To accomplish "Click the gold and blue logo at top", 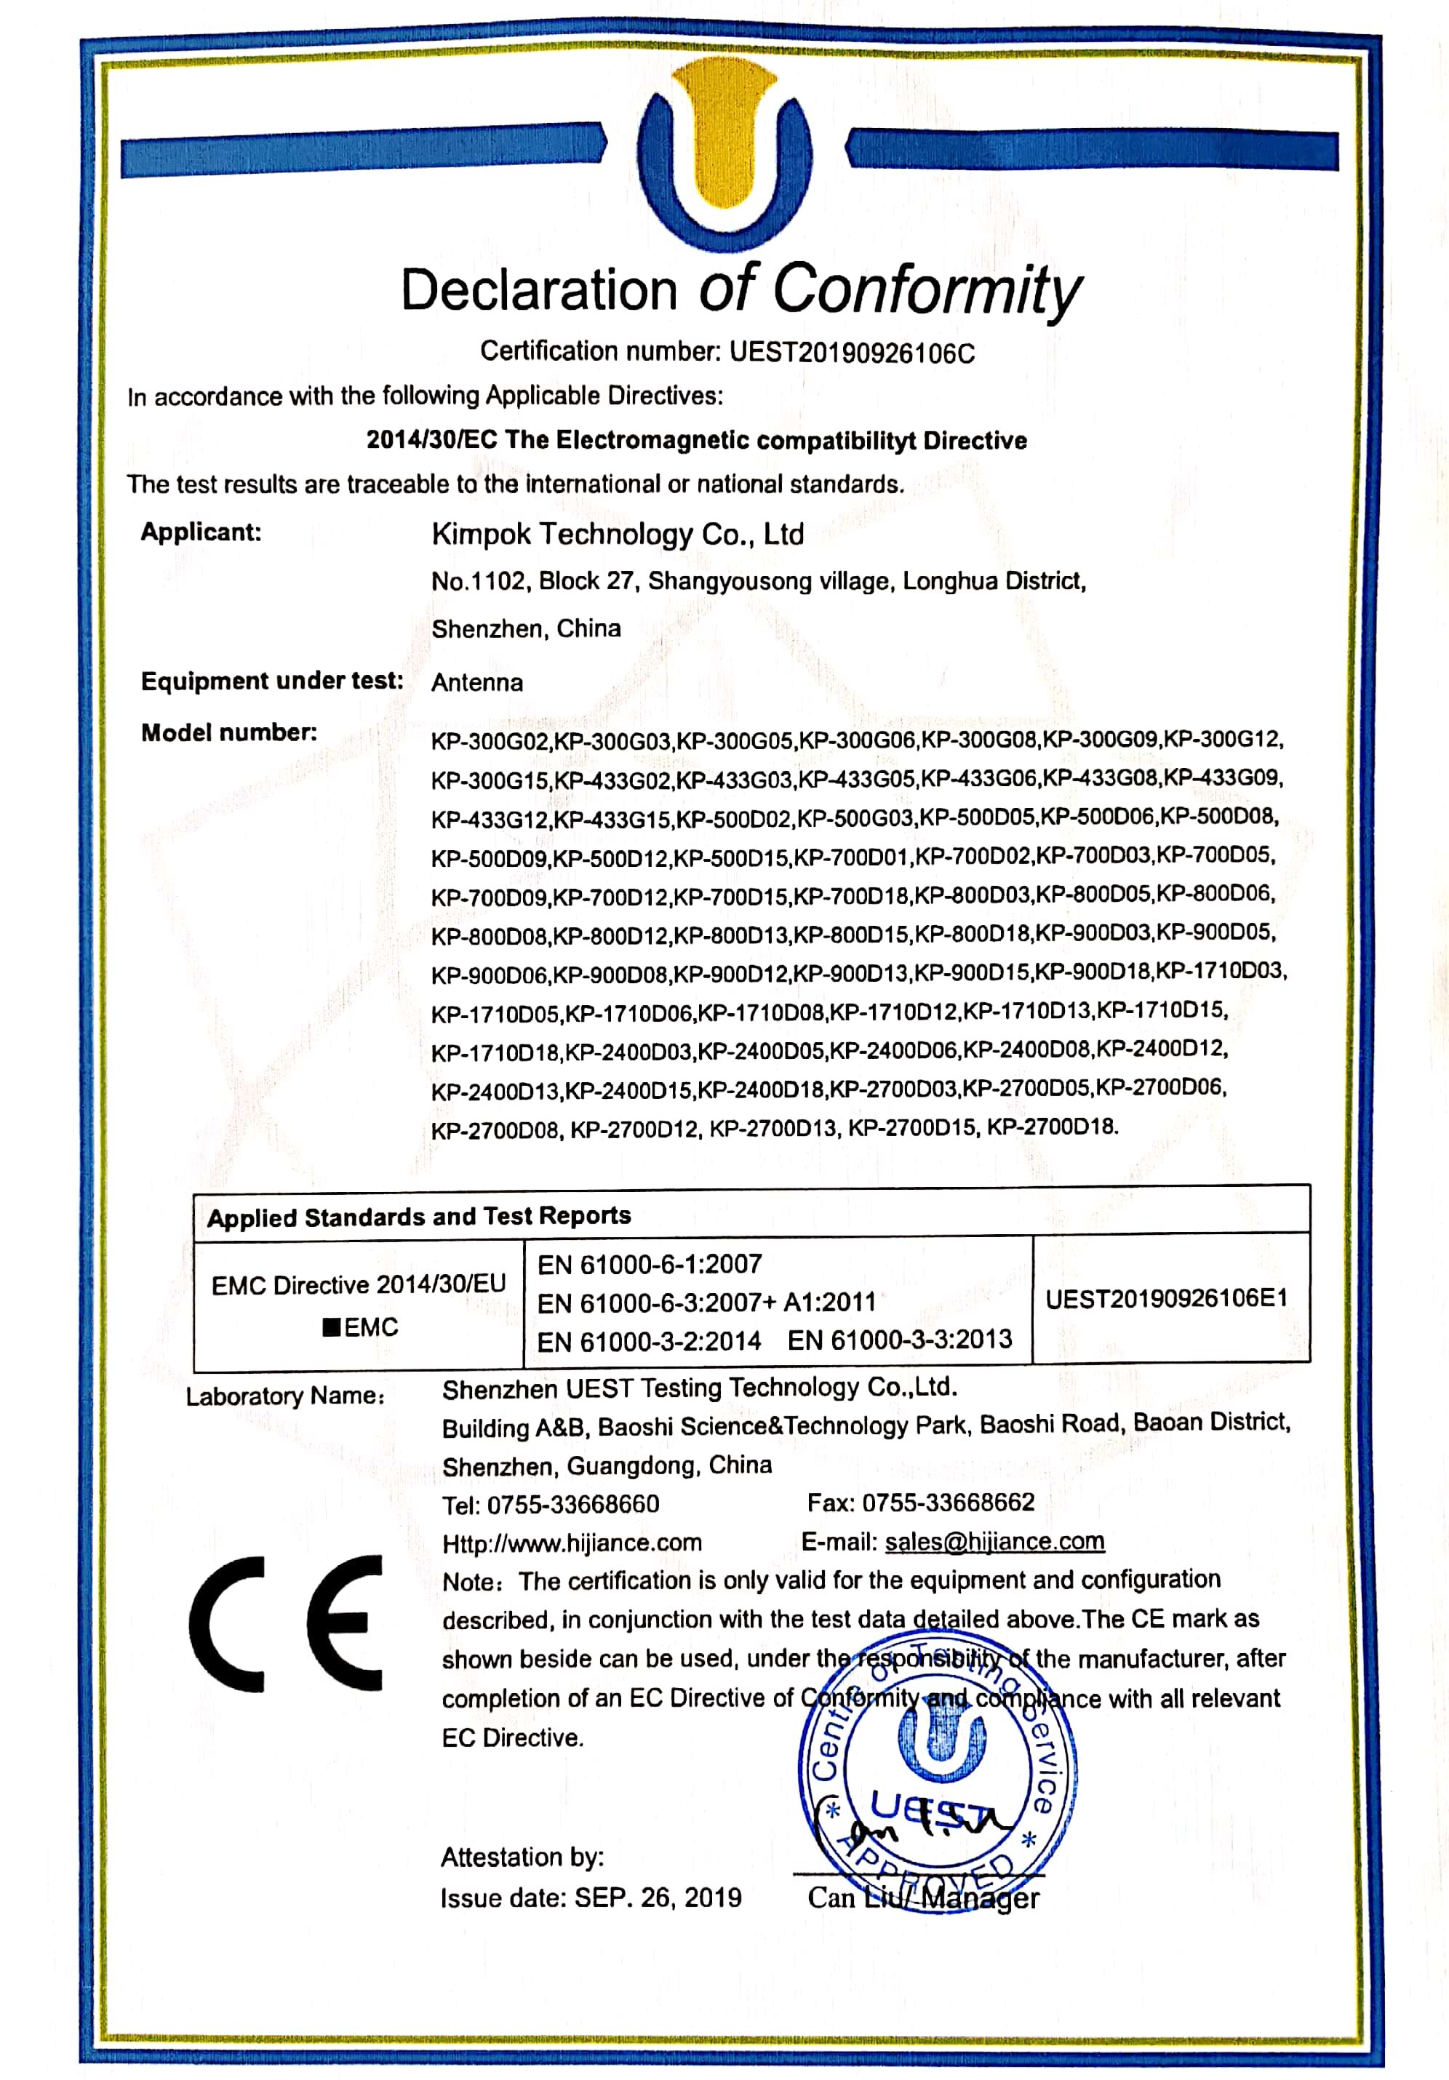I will (724, 154).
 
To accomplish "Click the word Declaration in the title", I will (538, 291).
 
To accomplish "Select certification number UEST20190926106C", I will (851, 353).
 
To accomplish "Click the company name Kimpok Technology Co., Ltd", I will (617, 535).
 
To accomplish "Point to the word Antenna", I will (476, 682).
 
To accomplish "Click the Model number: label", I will (229, 732).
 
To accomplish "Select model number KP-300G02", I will (490, 741).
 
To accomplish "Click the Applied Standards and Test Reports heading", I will (419, 1216).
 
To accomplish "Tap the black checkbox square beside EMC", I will (332, 1327).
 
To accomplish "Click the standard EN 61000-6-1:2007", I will (649, 1265).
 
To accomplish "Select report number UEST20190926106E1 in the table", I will (1165, 1299).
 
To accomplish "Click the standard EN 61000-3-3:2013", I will (899, 1340).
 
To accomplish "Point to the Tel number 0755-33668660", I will (572, 1505).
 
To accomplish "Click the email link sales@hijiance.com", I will (994, 1542).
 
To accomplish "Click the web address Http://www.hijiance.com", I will (572, 1543).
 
